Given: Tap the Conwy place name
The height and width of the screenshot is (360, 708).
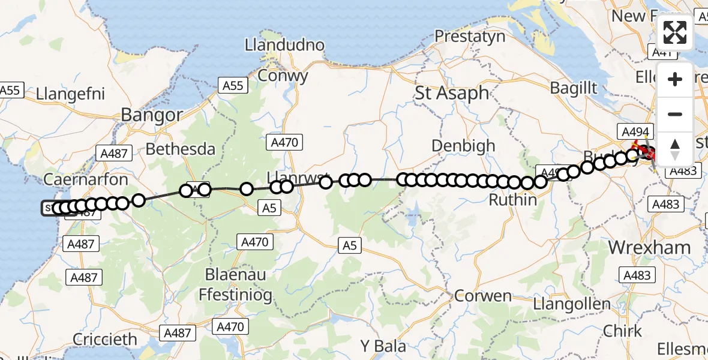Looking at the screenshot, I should (283, 76).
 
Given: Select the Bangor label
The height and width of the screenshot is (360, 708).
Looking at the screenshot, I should (152, 115).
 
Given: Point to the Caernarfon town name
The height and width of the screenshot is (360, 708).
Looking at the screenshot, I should (86, 179).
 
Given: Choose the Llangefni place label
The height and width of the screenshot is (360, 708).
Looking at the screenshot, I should (71, 94).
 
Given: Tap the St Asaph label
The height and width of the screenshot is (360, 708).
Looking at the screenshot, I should (452, 93).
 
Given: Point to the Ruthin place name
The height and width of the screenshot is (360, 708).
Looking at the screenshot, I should (513, 200).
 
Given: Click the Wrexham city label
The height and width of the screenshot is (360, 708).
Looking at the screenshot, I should (649, 247).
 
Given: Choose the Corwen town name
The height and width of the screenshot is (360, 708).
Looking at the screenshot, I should (483, 296).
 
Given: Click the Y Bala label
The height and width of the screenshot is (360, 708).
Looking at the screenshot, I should (383, 346).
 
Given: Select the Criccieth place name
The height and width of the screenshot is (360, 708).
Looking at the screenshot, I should (105, 339).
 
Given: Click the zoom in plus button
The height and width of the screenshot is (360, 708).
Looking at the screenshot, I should (675, 79).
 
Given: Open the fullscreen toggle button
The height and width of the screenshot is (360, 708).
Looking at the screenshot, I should (675, 32).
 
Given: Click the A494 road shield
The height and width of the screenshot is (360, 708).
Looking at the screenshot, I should (634, 131).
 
